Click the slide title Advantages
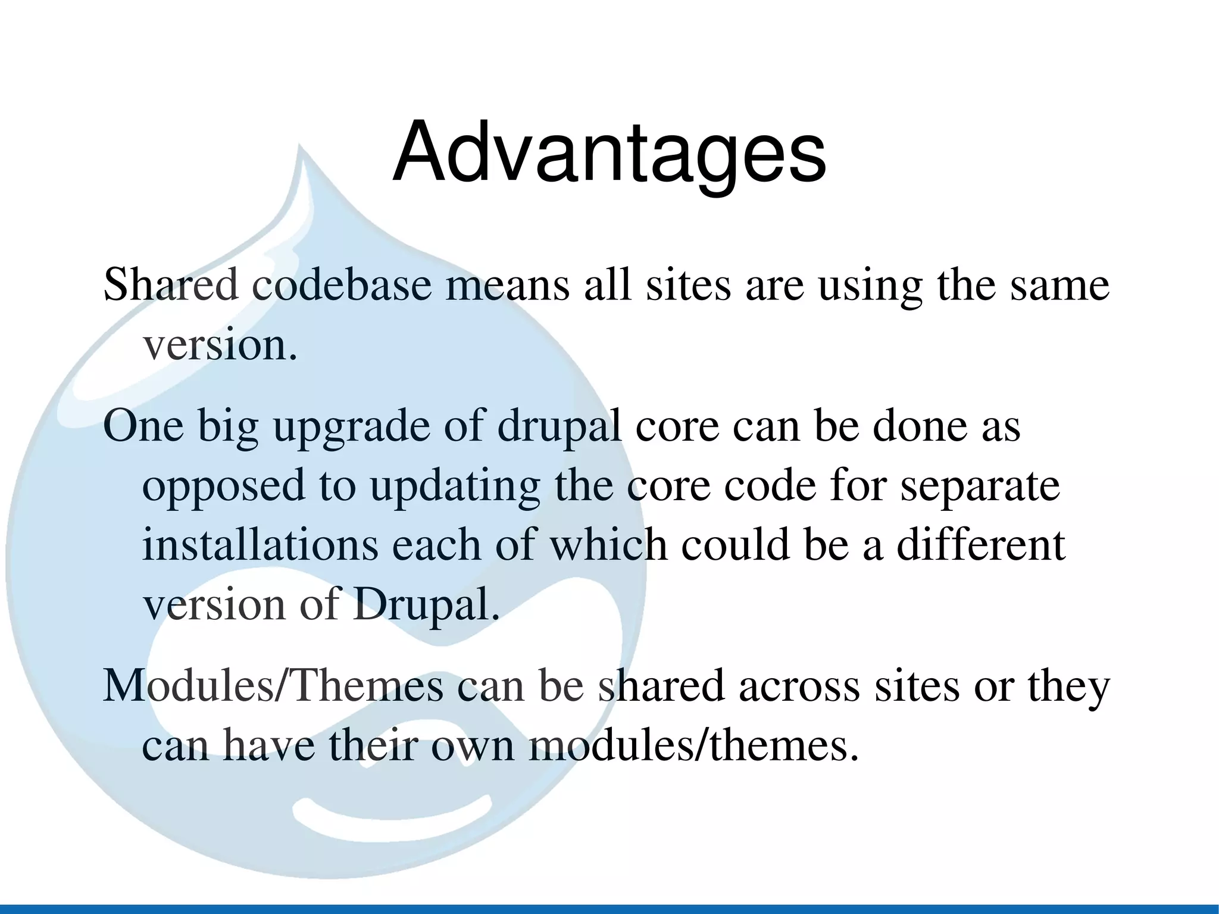[x=609, y=154]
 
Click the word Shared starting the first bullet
[x=170, y=285]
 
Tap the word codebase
[x=341, y=285]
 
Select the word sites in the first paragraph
[x=687, y=285]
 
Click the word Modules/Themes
[x=273, y=686]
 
